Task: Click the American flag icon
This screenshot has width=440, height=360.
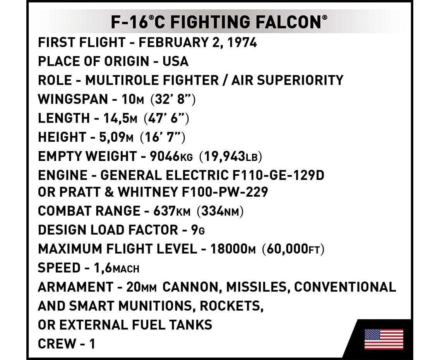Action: [x=384, y=339]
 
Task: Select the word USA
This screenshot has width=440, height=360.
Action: [x=176, y=62]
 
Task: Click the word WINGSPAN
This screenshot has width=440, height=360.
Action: [x=73, y=99]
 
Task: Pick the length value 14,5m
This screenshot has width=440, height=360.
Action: [x=120, y=118]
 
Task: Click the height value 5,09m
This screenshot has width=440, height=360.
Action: [x=116, y=137]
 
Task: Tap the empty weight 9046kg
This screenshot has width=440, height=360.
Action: [x=171, y=156]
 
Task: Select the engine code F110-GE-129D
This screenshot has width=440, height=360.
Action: [x=278, y=175]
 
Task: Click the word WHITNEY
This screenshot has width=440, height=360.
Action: [x=147, y=192]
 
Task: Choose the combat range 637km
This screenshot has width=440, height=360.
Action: [x=172, y=211]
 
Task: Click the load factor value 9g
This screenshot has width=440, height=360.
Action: [x=198, y=230]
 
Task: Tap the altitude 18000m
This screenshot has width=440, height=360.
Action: [x=233, y=249]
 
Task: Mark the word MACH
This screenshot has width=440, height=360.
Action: [x=126, y=269]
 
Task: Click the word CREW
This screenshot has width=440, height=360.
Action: [x=57, y=344]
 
